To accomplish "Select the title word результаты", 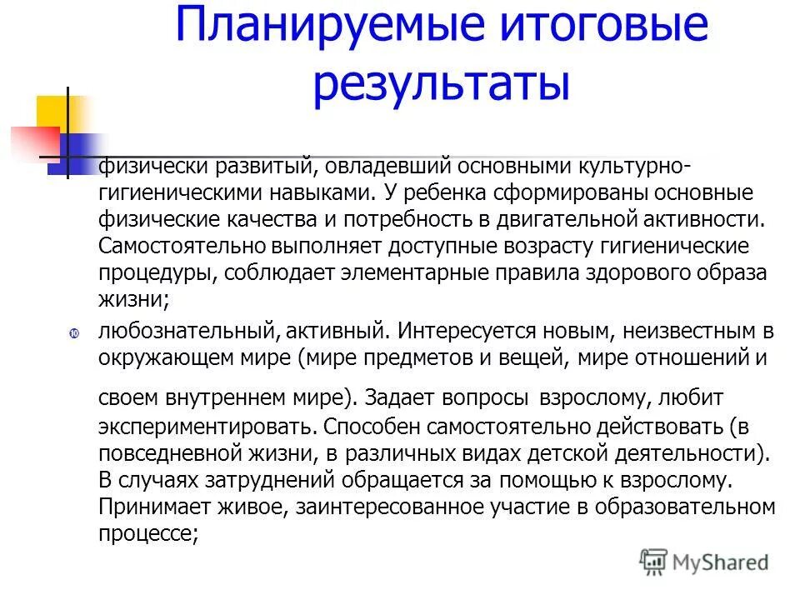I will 441,86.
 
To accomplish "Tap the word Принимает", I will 148,507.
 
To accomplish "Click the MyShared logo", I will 705,562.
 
